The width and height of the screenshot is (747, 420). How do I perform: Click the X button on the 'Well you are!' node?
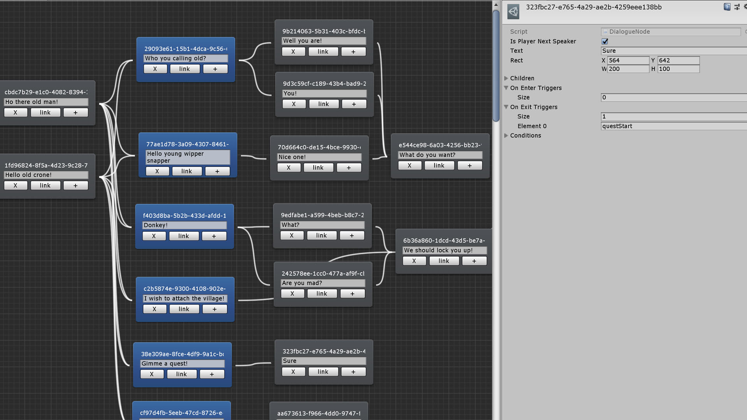(293, 52)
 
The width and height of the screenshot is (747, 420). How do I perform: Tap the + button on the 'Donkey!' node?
(214, 236)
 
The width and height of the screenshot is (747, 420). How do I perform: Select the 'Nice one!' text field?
(319, 157)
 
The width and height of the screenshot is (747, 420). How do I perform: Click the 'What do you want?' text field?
(440, 155)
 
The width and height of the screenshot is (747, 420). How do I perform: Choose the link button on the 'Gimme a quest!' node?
(182, 374)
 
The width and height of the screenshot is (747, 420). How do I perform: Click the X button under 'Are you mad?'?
(293, 294)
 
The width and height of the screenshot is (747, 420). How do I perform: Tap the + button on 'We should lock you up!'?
(474, 261)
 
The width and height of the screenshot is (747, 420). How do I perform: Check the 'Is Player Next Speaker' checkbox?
(605, 41)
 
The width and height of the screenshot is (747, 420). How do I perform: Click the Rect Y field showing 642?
(679, 60)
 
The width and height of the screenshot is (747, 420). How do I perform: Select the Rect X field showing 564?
(628, 60)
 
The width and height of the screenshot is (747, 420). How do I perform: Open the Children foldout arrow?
(506, 78)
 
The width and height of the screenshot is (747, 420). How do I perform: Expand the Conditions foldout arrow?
(506, 135)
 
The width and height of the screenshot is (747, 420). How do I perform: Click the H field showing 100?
(679, 69)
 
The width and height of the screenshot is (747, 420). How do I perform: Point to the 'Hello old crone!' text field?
(46, 175)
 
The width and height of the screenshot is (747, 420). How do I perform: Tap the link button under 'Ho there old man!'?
(46, 112)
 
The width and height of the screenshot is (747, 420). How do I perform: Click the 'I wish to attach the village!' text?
(184, 298)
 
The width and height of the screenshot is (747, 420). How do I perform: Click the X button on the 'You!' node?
(294, 104)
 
